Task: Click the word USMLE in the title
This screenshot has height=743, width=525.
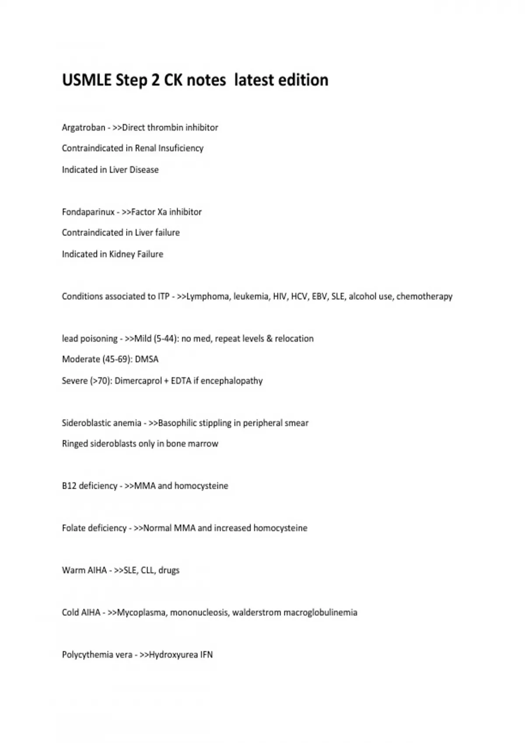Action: click(86, 80)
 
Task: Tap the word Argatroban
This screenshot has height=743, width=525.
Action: click(84, 128)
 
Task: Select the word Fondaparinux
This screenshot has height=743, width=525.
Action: click(88, 212)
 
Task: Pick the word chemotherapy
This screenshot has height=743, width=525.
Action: click(424, 296)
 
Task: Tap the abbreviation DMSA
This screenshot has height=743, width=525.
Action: click(147, 359)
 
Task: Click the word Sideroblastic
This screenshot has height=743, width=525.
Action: click(86, 423)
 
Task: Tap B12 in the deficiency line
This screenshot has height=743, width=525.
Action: click(69, 486)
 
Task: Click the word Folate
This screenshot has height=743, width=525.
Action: click(73, 528)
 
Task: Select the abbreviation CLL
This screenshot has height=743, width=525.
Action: click(147, 570)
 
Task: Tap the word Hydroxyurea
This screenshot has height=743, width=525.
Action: click(173, 655)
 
